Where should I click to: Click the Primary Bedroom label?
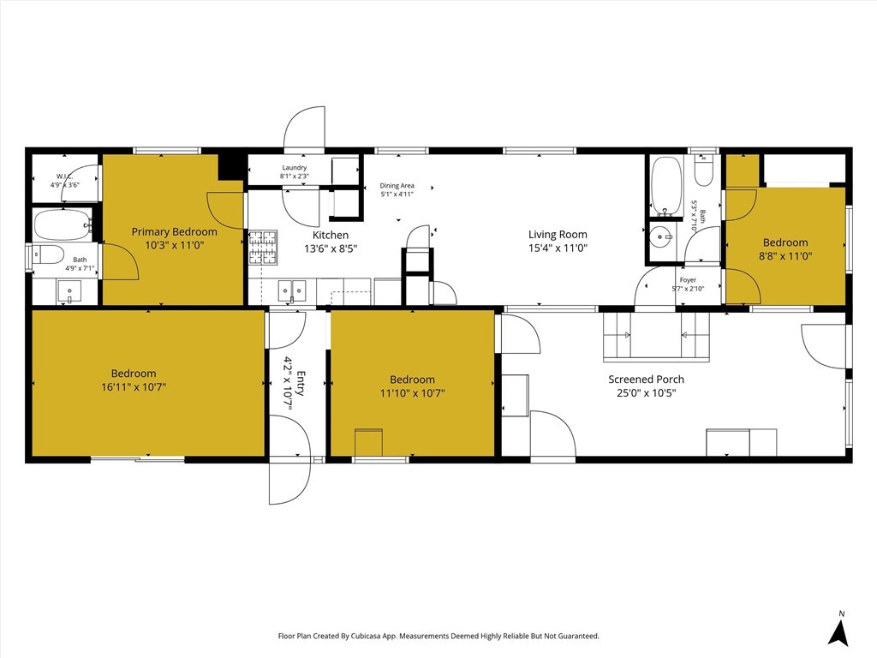tap(174, 231)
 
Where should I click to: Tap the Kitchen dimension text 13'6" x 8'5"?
tap(331, 248)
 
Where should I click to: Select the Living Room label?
tap(558, 235)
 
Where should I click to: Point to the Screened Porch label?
tap(646, 379)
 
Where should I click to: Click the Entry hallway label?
tap(301, 383)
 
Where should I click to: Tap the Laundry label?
tap(295, 167)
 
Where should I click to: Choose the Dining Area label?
tap(397, 186)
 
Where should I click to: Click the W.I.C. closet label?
tap(65, 176)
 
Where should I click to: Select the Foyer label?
tap(688, 280)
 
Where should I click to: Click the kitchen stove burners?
tap(263, 248)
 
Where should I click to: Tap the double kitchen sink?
tap(292, 290)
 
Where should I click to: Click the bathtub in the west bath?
tap(63, 225)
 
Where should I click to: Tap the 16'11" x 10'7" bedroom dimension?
tap(134, 387)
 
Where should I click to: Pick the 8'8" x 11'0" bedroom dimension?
tap(785, 256)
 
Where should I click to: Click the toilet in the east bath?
tap(703, 170)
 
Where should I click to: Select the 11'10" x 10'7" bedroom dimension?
tap(412, 393)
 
